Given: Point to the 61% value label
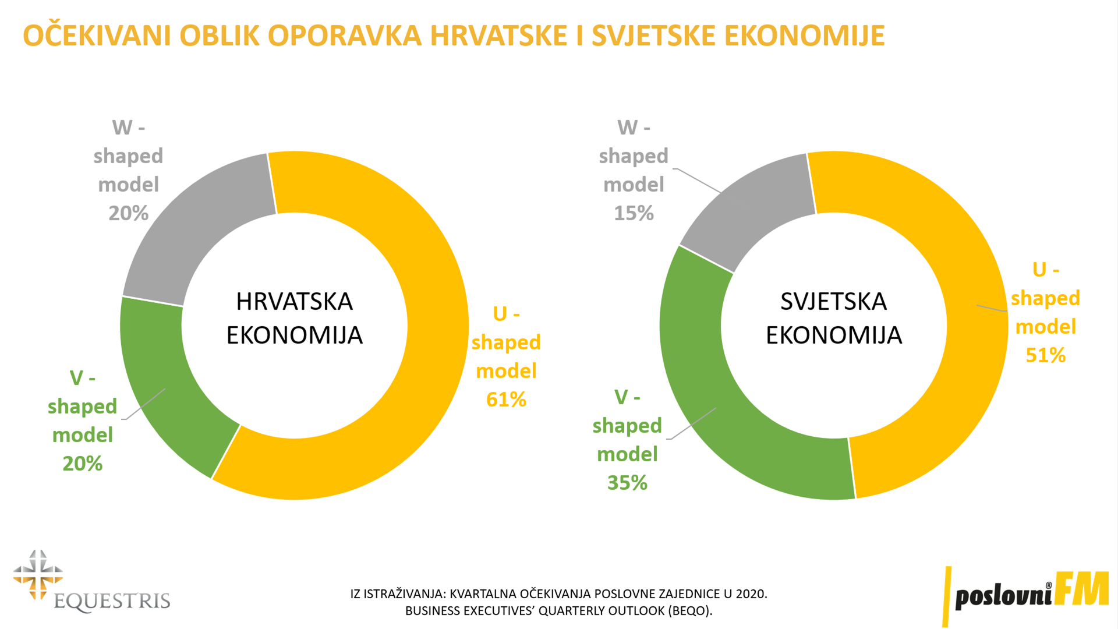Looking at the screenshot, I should [x=506, y=400].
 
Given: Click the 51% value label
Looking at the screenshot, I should [x=1045, y=355].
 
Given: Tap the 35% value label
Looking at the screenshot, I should [x=627, y=483].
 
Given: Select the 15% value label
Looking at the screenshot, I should [x=634, y=213].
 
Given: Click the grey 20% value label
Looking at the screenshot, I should [x=128, y=213].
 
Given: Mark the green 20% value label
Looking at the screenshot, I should [x=82, y=464].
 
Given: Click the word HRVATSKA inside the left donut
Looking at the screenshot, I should [x=294, y=302].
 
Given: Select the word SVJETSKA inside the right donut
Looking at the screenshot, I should [x=833, y=302].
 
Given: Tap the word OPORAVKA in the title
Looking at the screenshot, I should [x=344, y=36].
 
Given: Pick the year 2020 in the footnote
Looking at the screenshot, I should [x=751, y=594].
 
